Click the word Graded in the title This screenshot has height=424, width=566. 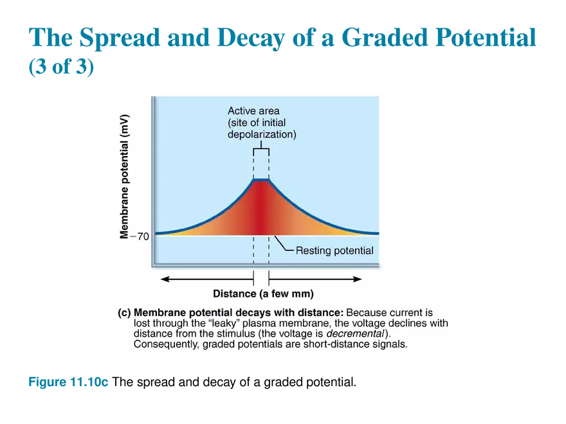click(x=385, y=37)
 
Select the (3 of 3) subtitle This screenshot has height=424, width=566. click(x=61, y=66)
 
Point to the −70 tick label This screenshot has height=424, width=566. click(x=140, y=236)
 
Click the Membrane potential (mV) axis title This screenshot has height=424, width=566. click(x=124, y=177)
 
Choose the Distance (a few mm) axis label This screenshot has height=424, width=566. click(x=263, y=294)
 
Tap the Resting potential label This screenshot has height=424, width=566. click(x=334, y=251)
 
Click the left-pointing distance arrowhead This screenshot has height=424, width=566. click(x=165, y=279)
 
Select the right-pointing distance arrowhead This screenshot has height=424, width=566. click(x=358, y=279)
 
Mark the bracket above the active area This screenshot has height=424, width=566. click(x=261, y=148)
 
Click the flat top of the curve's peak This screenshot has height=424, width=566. click(x=261, y=179)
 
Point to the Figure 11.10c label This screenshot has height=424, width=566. click(x=68, y=382)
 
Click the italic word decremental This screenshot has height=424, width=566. click(x=355, y=333)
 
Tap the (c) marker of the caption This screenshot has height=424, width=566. click(x=124, y=313)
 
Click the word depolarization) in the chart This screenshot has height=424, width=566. click(x=262, y=134)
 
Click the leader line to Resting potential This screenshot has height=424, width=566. click(x=284, y=243)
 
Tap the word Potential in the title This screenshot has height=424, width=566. click(x=486, y=37)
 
